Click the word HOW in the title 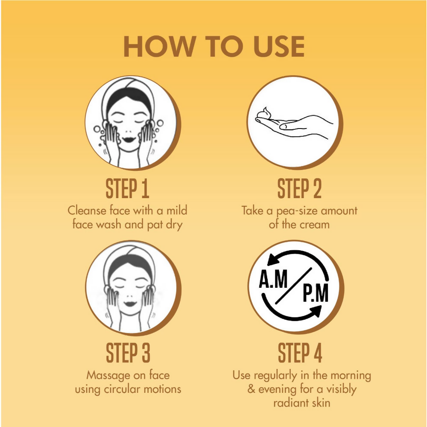(x=160, y=46)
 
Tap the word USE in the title (x=279, y=46)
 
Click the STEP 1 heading (x=127, y=188)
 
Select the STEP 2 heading (x=299, y=188)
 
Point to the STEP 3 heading (x=128, y=353)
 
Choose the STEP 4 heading (x=300, y=353)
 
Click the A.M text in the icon (x=273, y=279)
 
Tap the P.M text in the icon (x=316, y=293)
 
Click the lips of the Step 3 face (x=130, y=304)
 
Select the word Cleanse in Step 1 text (x=87, y=211)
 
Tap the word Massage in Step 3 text (x=108, y=376)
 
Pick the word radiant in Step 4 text (x=291, y=403)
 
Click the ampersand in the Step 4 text (x=251, y=389)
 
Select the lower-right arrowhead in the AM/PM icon (x=316, y=311)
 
